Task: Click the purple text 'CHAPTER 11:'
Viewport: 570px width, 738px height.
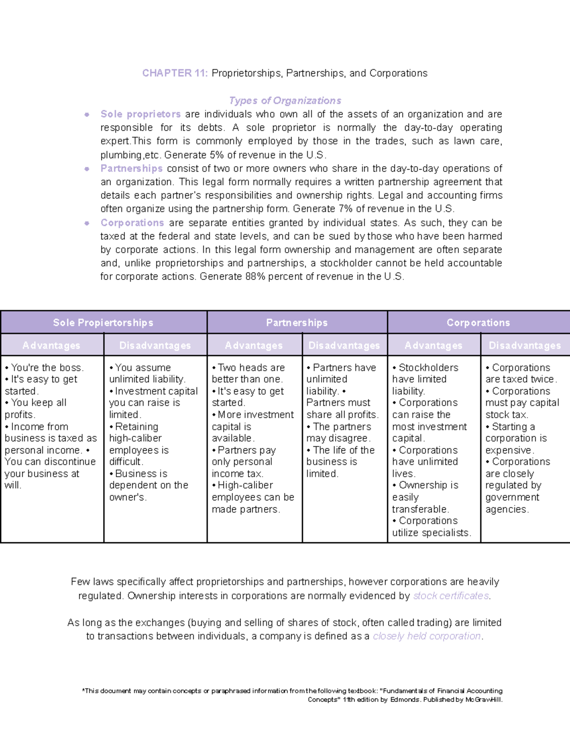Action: tap(174, 73)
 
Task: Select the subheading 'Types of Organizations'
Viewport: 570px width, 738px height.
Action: tap(285, 101)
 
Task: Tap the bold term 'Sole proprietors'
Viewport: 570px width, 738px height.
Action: tap(140, 114)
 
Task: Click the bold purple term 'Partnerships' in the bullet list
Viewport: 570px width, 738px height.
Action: tap(132, 168)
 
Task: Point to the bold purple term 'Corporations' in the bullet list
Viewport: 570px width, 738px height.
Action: tap(132, 223)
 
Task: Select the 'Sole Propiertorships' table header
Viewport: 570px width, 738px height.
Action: tap(103, 323)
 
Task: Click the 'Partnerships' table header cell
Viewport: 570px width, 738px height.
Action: tap(297, 323)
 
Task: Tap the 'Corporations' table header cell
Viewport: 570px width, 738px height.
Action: tap(478, 323)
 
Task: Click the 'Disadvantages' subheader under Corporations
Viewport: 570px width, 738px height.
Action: tap(524, 345)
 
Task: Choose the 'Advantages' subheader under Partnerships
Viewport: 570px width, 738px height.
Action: tap(254, 345)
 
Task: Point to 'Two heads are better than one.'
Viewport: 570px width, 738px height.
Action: tap(248, 374)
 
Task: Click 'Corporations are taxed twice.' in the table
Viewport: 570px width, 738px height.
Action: tap(520, 374)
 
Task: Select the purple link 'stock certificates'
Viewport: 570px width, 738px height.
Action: tap(451, 596)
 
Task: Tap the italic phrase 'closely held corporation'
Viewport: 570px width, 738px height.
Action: tap(427, 636)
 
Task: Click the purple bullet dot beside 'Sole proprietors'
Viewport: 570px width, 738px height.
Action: tap(87, 115)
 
